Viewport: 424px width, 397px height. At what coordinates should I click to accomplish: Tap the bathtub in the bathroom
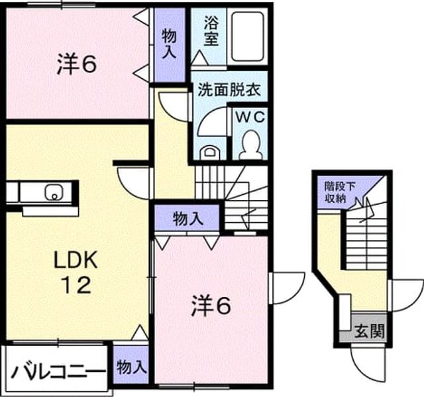[247, 36]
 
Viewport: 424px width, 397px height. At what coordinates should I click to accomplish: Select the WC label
[250, 117]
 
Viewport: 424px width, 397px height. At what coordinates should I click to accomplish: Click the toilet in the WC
[251, 145]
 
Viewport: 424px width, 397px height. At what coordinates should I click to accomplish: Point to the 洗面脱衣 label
[229, 89]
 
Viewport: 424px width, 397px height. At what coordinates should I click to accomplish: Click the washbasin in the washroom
[210, 152]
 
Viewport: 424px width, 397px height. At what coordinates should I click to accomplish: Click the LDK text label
[76, 260]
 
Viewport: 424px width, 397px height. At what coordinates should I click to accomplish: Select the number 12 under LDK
[77, 285]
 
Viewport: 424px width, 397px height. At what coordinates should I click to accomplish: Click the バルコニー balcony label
[58, 372]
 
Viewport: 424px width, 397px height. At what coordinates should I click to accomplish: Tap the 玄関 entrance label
[370, 331]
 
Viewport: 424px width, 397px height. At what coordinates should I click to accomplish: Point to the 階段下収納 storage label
[336, 192]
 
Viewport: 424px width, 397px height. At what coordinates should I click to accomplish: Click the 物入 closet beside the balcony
[132, 368]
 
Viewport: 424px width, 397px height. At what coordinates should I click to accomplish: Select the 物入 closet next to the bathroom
[169, 44]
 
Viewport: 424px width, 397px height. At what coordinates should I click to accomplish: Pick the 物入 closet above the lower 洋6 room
[188, 219]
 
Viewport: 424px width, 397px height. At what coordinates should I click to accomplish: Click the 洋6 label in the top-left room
[77, 64]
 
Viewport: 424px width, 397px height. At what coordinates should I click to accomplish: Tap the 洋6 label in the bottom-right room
[211, 306]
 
